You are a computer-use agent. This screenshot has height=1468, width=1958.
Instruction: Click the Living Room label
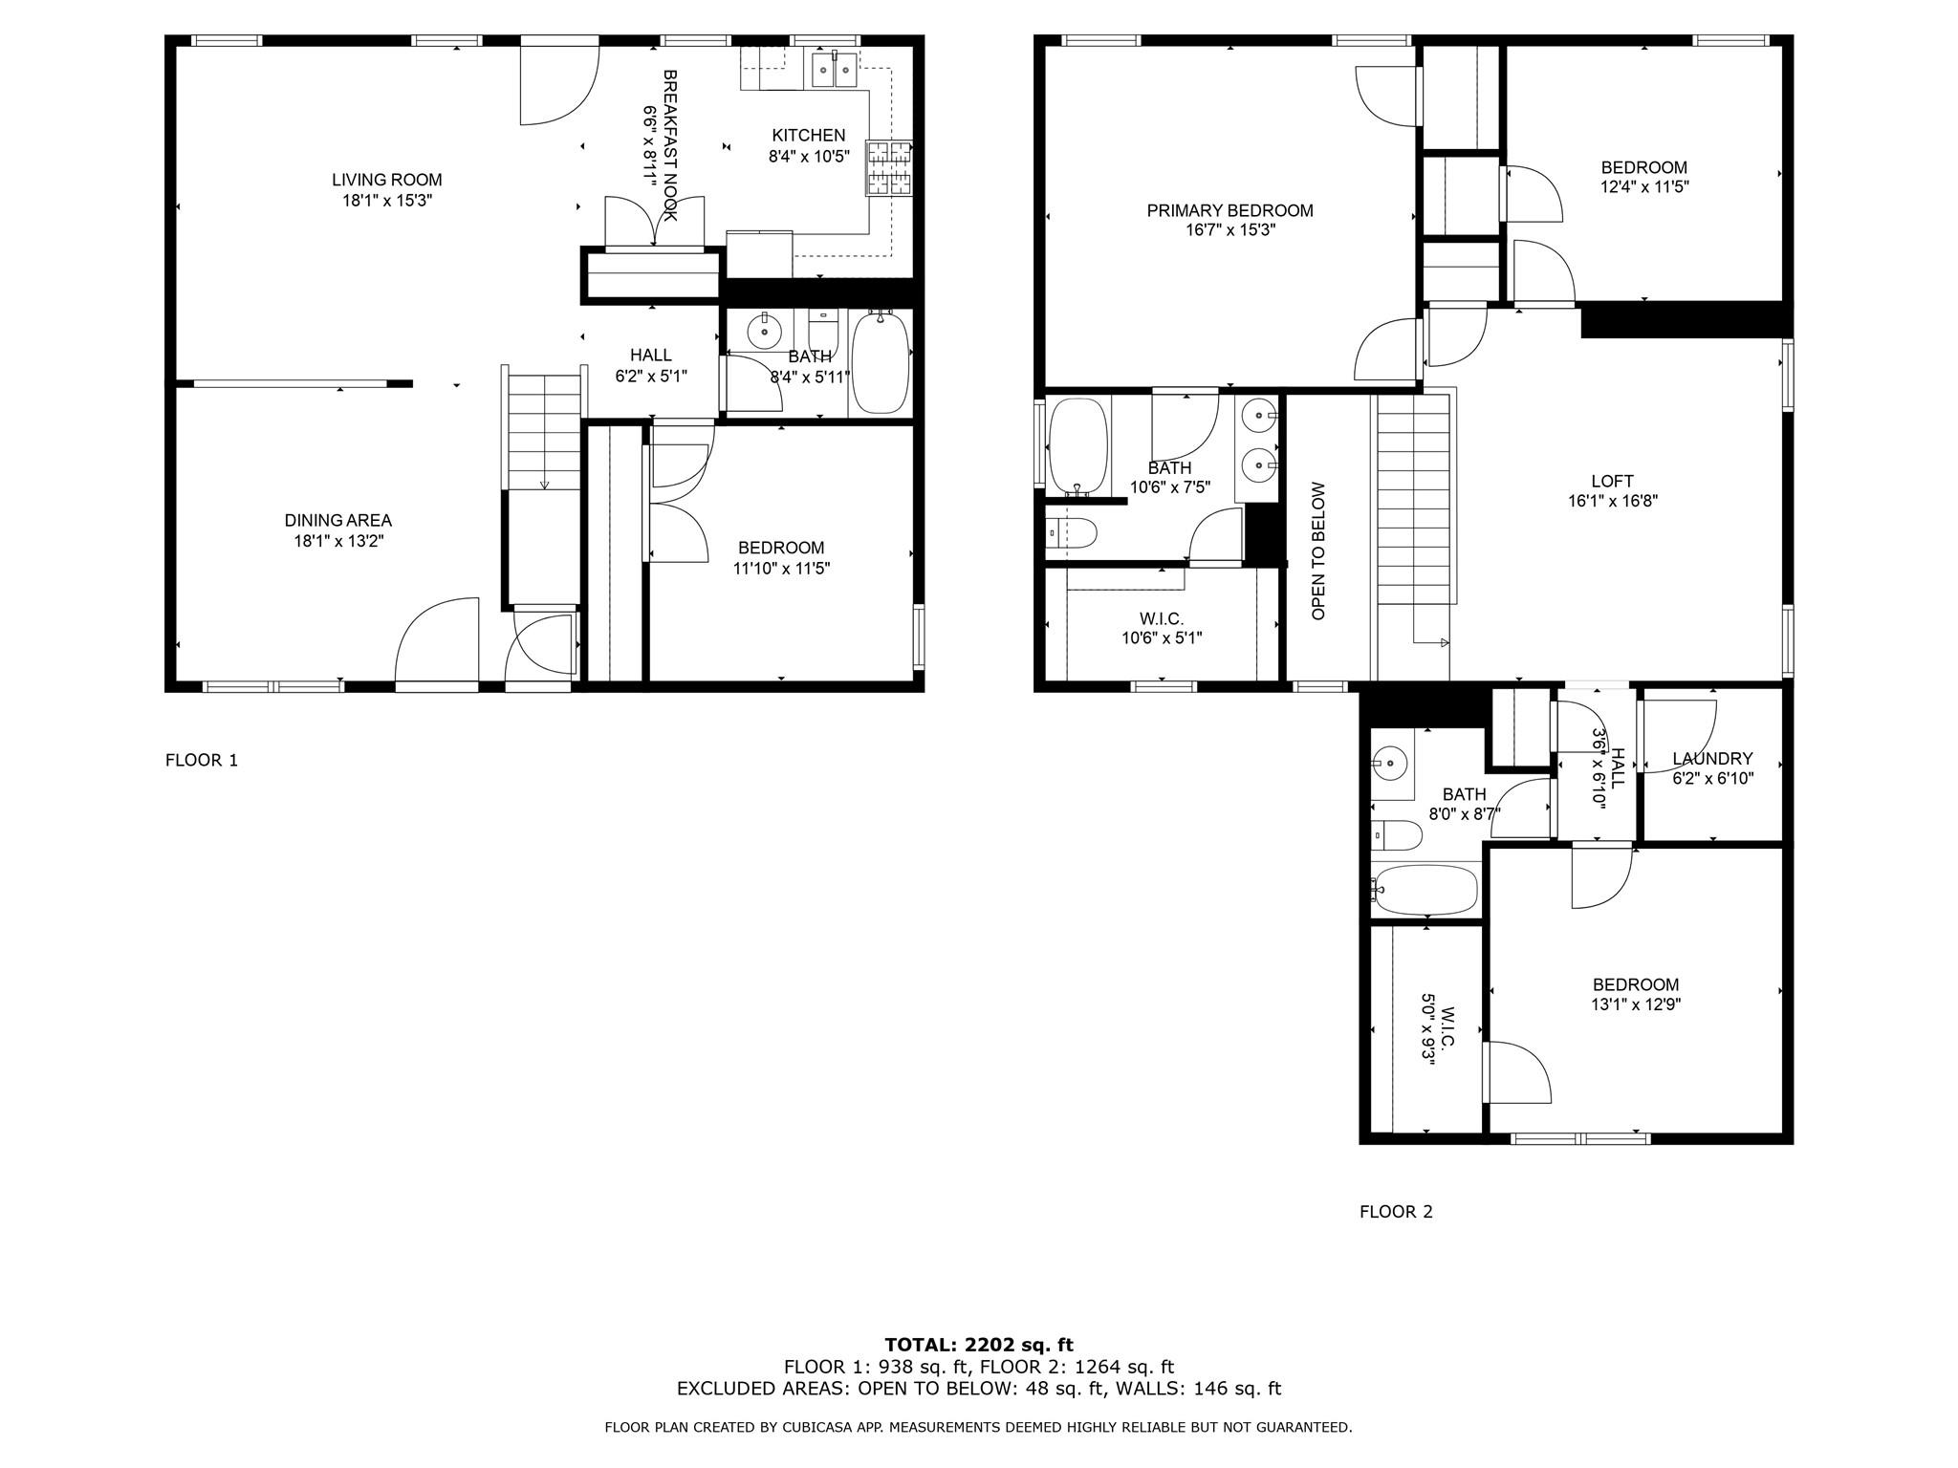386,180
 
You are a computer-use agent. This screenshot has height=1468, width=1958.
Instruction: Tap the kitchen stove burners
889,168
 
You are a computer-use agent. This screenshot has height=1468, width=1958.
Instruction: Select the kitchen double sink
834,70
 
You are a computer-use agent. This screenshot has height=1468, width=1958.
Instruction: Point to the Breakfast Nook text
670,144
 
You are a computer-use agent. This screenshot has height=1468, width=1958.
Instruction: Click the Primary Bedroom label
1229,210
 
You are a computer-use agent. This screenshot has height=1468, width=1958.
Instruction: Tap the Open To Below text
1318,550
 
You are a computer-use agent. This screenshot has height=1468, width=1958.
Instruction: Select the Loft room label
1612,482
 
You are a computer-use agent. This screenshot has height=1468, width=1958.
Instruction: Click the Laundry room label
1712,759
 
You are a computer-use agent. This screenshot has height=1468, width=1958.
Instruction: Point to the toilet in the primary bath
1071,531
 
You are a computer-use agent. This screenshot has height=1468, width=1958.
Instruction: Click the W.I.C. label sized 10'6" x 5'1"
1162,619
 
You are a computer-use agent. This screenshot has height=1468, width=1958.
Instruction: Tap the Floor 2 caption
1396,1212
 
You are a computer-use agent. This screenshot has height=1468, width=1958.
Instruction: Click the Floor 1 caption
202,760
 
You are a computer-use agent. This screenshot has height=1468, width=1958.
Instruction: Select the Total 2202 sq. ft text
979,1346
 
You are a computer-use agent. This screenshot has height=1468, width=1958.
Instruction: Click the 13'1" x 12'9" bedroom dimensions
1636,1004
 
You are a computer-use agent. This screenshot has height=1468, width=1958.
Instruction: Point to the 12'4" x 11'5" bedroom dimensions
1644,187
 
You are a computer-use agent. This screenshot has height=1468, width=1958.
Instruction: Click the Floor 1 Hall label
650,356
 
